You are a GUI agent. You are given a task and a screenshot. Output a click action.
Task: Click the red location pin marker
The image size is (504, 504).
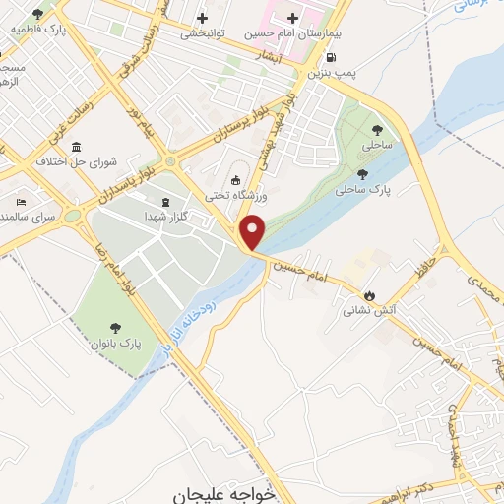click(x=253, y=231)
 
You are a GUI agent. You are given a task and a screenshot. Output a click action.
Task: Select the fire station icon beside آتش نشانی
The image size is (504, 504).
click(x=369, y=293)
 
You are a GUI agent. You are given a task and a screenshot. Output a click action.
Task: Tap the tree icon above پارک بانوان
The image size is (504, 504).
click(x=115, y=328)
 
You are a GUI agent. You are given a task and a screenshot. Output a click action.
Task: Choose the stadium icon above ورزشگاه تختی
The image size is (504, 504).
click(x=234, y=179)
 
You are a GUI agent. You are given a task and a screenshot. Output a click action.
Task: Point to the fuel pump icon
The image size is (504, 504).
click(x=329, y=57)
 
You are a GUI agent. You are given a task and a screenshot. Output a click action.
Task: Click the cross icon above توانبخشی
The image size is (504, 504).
click(x=203, y=17)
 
